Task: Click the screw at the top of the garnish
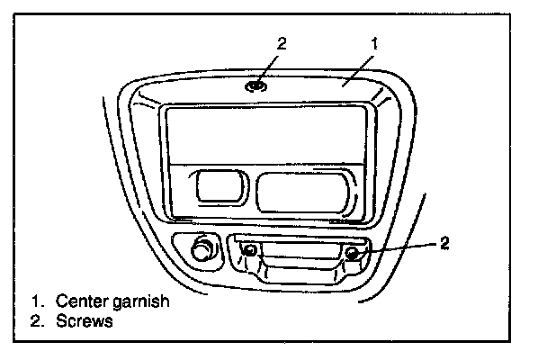(256, 86)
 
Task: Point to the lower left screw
(250, 252)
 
